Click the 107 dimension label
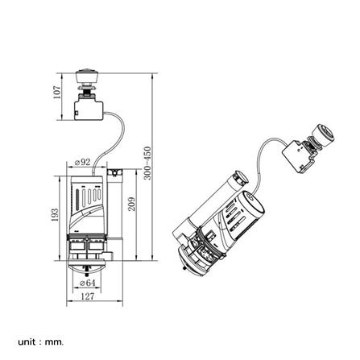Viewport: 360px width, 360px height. [x=57, y=93]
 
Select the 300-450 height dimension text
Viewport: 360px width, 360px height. [x=147, y=163]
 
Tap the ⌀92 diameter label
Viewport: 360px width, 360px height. [x=82, y=162]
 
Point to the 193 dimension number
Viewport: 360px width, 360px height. [x=55, y=215]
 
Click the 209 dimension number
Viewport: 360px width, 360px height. [x=131, y=204]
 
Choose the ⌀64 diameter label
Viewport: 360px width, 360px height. [x=87, y=283]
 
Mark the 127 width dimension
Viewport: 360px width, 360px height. [x=88, y=296]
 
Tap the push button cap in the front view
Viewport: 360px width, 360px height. [x=86, y=77]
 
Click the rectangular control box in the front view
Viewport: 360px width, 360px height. [x=89, y=110]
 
